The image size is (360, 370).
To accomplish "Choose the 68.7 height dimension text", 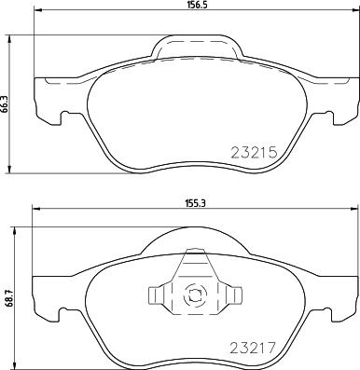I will [x=8, y=300].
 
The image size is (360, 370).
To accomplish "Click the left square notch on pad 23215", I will [x=62, y=118].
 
